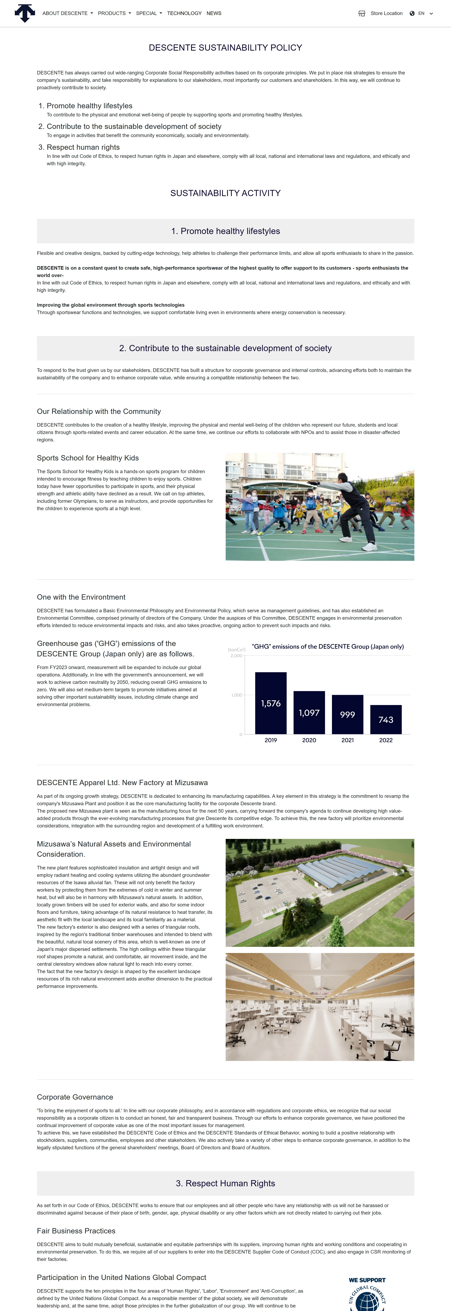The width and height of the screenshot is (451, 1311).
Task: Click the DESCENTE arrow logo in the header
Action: (x=24, y=13)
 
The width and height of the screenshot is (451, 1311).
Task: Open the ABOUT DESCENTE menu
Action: (x=67, y=13)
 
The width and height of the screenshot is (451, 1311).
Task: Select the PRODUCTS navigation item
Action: (x=114, y=13)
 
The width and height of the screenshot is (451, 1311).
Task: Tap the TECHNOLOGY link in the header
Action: (x=184, y=13)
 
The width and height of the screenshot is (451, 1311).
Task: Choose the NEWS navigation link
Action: (x=214, y=13)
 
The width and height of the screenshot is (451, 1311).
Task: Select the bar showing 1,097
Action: (x=309, y=712)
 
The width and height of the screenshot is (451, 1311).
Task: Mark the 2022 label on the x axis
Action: (x=386, y=740)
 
